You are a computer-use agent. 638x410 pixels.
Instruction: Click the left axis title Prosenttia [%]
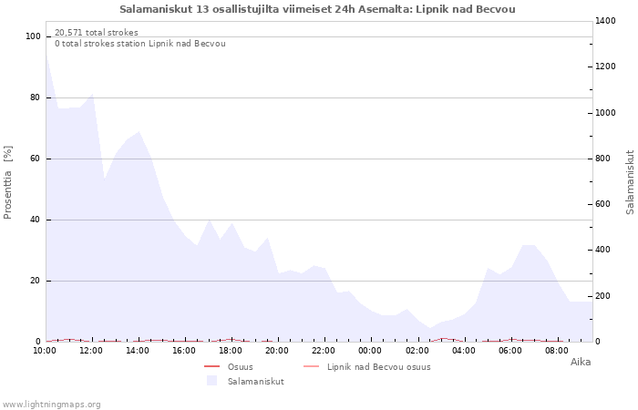[8, 182]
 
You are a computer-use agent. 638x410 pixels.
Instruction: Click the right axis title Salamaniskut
[629, 182]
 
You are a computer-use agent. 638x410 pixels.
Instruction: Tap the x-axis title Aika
[580, 362]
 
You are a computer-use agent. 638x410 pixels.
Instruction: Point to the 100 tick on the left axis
[34, 36]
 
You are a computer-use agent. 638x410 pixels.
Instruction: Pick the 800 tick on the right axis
[606, 159]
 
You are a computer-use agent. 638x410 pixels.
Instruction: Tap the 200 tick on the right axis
[606, 296]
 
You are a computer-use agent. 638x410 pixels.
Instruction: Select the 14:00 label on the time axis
[139, 350]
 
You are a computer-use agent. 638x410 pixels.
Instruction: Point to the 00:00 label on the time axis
[371, 350]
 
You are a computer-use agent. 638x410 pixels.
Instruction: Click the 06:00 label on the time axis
[510, 350]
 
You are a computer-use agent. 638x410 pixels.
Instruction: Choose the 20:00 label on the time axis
[278, 350]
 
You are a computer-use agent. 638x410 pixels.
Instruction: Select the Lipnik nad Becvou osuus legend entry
[378, 367]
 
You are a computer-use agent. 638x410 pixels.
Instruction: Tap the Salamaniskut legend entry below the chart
[255, 381]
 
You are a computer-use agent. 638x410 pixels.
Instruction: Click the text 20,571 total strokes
[97, 33]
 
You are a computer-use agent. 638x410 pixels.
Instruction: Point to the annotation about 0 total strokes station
[139, 44]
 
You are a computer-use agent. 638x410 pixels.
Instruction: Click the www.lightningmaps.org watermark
[52, 404]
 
